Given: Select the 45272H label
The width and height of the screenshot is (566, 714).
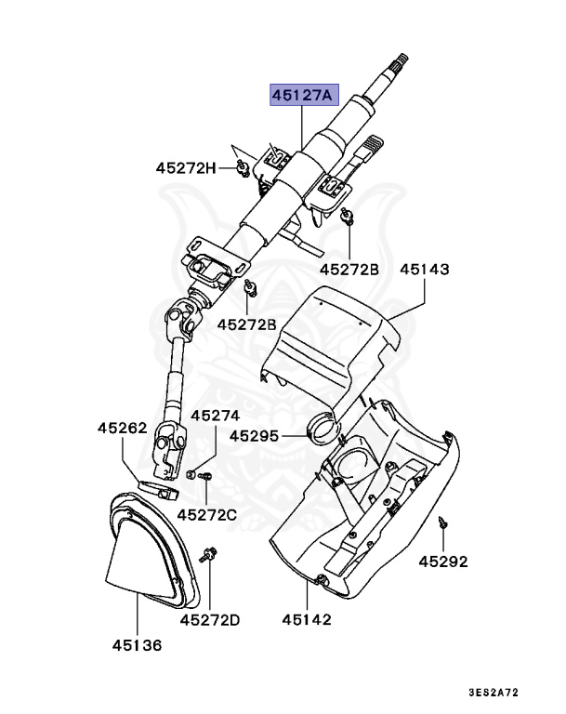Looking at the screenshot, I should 185,168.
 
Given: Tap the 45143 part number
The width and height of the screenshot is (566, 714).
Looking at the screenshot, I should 425,270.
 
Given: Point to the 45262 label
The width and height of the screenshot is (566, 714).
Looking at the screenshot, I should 123,429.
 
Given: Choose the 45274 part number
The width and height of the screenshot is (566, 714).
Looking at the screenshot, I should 216,416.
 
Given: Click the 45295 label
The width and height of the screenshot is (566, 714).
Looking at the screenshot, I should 255,434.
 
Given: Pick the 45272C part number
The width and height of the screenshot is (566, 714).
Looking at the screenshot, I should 206,513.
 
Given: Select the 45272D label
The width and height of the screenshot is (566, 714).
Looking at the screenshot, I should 210,619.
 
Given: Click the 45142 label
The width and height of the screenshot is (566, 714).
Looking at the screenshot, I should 307,619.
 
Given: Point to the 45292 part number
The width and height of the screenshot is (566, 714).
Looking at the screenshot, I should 442,562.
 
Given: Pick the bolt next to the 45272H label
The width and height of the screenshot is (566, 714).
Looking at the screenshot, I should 240,166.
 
